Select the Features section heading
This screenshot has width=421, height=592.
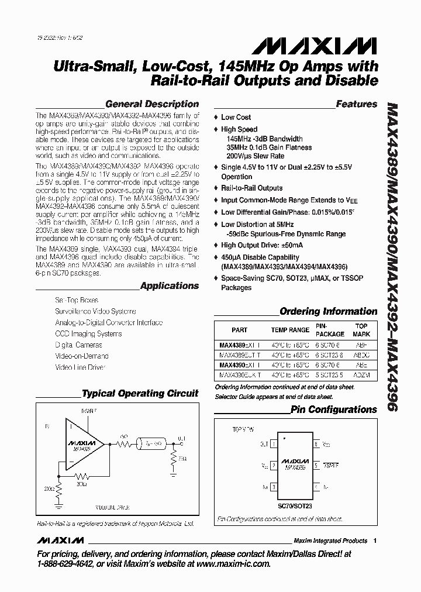click(x=357, y=104)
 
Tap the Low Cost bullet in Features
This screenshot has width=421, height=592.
click(x=236, y=117)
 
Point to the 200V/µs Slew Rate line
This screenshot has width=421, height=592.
click(x=256, y=156)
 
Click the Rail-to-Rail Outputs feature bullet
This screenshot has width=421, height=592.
click(x=251, y=188)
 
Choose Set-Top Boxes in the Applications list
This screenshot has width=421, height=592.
click(x=77, y=300)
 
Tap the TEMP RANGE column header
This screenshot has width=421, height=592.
click(x=290, y=330)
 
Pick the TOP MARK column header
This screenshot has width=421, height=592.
click(x=361, y=330)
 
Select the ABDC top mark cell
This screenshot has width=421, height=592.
click(x=361, y=354)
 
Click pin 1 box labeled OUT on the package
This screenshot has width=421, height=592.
click(x=274, y=445)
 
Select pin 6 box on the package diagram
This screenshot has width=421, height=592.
click(x=316, y=445)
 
